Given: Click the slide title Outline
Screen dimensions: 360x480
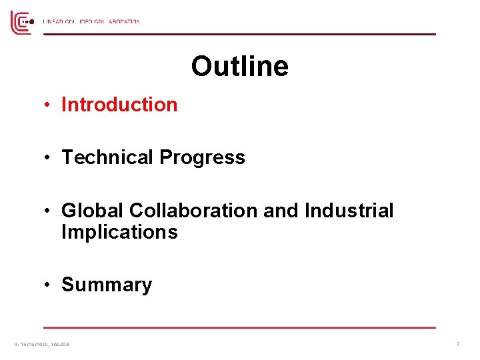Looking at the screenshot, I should pyautogui.click(x=239, y=67).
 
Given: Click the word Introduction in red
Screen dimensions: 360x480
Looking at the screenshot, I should pyautogui.click(x=119, y=105).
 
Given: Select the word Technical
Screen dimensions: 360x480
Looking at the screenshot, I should pyautogui.click(x=108, y=157).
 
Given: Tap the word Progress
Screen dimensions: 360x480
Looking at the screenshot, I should pyautogui.click(x=202, y=157).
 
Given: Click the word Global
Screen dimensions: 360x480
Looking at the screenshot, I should pyautogui.click(x=93, y=211).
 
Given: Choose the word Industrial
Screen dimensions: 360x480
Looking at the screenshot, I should pyautogui.click(x=349, y=211).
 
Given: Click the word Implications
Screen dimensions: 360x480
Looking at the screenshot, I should pyautogui.click(x=119, y=233).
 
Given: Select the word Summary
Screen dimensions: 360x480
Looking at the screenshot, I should pyautogui.click(x=107, y=285).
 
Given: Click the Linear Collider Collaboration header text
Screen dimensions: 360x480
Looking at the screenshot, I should pyautogui.click(x=91, y=22).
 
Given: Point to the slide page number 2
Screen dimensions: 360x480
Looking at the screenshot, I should pyautogui.click(x=458, y=343).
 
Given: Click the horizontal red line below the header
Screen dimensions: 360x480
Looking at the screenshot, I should pyautogui.click(x=239, y=34).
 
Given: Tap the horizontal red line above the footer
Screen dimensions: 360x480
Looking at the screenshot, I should pyautogui.click(x=239, y=327).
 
